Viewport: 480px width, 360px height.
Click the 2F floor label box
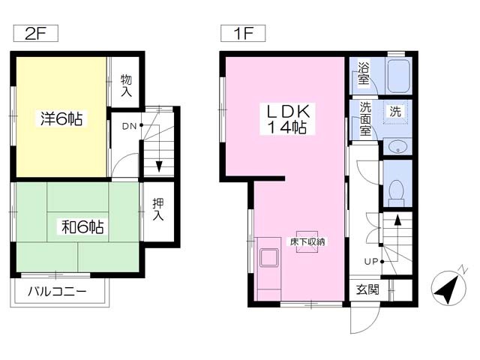[x=36, y=33]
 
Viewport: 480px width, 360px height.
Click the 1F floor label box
[x=243, y=33]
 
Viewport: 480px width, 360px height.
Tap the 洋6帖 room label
[x=61, y=118]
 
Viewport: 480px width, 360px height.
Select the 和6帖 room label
[x=82, y=227]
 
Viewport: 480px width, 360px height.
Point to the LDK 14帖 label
[x=287, y=119]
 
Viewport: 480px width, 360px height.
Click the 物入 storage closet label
[x=126, y=85]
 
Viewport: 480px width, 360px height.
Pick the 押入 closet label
[x=158, y=209]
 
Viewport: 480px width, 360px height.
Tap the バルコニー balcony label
[x=57, y=292]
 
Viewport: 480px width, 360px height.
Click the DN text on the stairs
[x=129, y=126]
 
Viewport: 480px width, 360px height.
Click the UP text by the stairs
[x=371, y=262]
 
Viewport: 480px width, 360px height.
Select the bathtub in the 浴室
[x=398, y=76]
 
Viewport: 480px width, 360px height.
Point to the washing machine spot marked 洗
[x=395, y=112]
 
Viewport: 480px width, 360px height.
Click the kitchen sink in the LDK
[x=268, y=257]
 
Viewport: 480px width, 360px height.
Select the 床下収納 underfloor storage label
[x=307, y=241]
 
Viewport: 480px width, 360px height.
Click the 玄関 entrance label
[x=367, y=289]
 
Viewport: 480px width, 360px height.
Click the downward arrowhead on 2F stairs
[x=159, y=166]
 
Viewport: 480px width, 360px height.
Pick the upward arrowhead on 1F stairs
[x=397, y=220]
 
